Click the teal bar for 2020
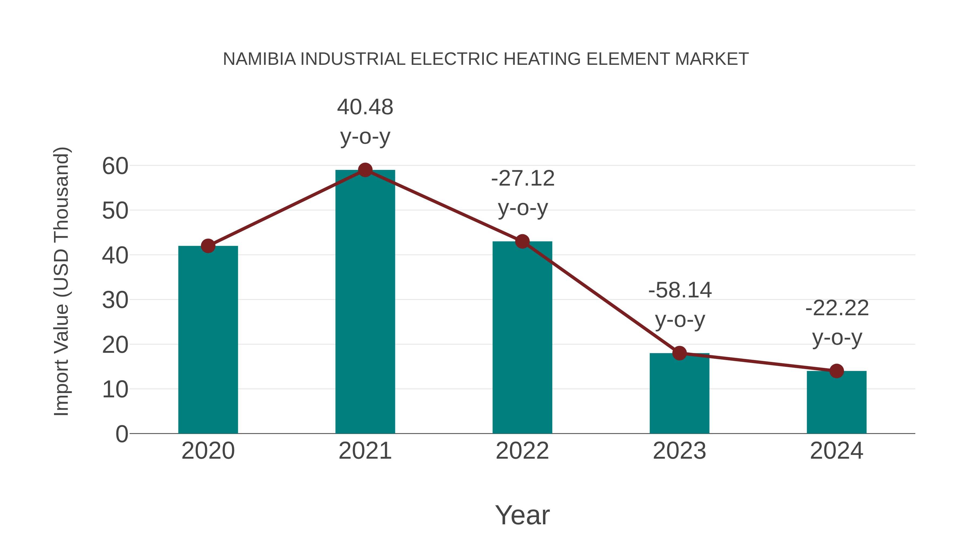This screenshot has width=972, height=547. [208, 340]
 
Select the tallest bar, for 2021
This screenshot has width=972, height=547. [365, 302]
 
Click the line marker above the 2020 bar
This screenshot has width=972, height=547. [208, 246]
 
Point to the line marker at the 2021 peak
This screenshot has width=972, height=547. [365, 170]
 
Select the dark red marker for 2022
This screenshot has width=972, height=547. [522, 241]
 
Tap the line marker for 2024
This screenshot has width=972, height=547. [836, 371]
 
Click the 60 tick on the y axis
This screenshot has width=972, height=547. [115, 166]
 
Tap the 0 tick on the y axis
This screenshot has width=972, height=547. [122, 434]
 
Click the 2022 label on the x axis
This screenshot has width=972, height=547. [522, 451]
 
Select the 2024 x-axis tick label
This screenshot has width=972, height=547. [836, 451]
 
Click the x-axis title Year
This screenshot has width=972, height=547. [522, 515]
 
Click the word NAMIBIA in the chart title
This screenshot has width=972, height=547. [259, 59]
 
